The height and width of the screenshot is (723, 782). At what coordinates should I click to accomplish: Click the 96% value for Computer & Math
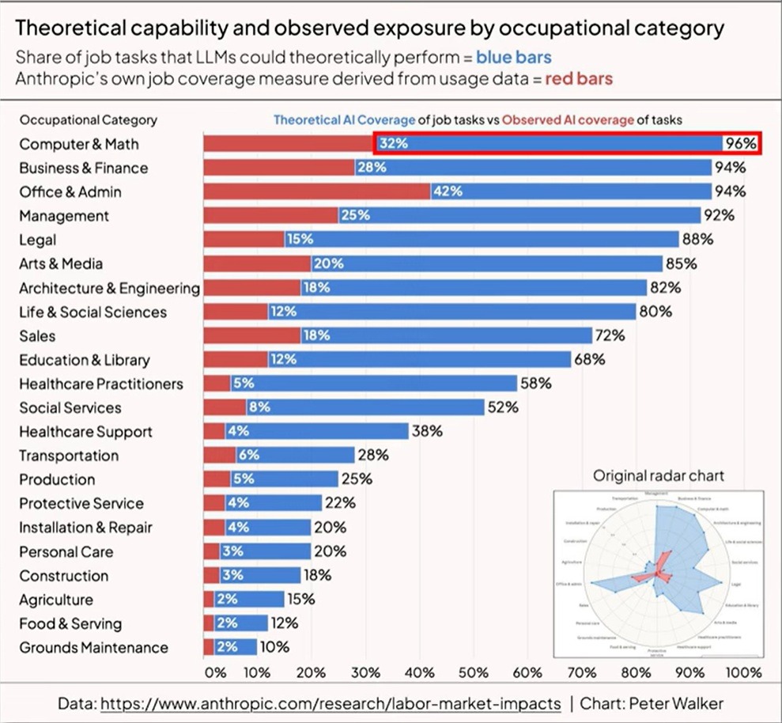pyautogui.click(x=742, y=144)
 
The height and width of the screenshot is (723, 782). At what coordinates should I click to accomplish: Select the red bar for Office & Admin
pyautogui.click(x=316, y=191)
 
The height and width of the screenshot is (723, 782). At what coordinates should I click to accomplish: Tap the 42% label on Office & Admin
pyautogui.click(x=448, y=191)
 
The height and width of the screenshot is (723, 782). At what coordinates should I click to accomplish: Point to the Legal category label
pyautogui.click(x=38, y=240)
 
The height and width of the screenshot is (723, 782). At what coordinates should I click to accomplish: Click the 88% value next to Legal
pyautogui.click(x=698, y=240)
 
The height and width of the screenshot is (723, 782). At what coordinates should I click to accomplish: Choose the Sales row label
pyautogui.click(x=37, y=335)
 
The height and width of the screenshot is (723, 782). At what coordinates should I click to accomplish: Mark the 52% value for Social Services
pyautogui.click(x=502, y=407)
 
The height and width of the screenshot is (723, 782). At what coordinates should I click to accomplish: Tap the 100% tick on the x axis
pyautogui.click(x=742, y=673)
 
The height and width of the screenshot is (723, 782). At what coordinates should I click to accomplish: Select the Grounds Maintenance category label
pyautogui.click(x=93, y=647)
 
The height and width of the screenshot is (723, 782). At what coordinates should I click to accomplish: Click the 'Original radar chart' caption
pyautogui.click(x=659, y=475)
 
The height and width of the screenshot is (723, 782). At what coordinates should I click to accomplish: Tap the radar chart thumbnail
pyautogui.click(x=658, y=573)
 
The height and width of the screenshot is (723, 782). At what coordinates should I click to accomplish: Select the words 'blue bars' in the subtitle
pyautogui.click(x=514, y=58)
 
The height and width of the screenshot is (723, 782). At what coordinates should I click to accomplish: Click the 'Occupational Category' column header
pyautogui.click(x=88, y=120)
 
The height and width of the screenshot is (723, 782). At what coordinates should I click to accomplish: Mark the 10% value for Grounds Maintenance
pyautogui.click(x=274, y=647)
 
